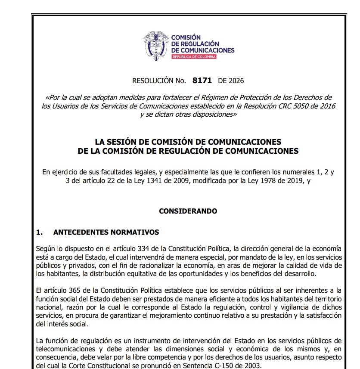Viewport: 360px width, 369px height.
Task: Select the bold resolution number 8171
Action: tap(202, 80)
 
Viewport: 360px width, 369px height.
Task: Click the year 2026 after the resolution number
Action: tap(236, 81)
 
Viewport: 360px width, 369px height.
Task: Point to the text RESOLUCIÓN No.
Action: tap(159, 81)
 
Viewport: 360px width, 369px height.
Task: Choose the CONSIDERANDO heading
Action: tap(188, 211)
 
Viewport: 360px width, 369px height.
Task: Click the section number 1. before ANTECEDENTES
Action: tap(39, 233)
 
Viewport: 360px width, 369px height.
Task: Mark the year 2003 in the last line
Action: tap(251, 366)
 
